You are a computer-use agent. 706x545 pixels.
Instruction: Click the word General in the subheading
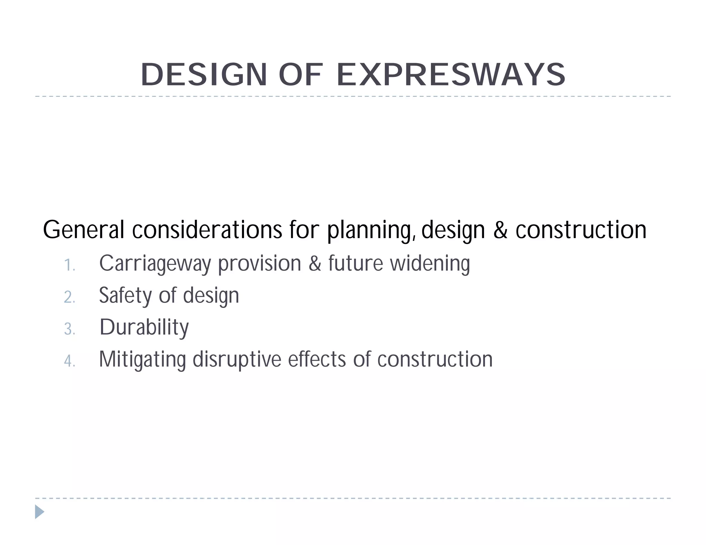(83, 230)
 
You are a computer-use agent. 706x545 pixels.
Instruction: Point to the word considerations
(207, 230)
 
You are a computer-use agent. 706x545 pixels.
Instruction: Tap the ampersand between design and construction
(500, 230)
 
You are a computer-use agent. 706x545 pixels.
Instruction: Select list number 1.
(69, 266)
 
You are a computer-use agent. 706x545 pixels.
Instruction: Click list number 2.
(69, 297)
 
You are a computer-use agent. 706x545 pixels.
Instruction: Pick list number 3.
(69, 329)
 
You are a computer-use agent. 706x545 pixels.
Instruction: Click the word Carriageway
(155, 264)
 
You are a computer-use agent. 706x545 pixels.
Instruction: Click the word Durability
(144, 328)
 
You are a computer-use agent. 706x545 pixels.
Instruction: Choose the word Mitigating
(142, 360)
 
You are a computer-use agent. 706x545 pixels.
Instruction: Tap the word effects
(317, 359)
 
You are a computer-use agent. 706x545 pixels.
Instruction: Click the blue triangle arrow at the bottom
(39, 512)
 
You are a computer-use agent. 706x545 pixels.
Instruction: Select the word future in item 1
(355, 264)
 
